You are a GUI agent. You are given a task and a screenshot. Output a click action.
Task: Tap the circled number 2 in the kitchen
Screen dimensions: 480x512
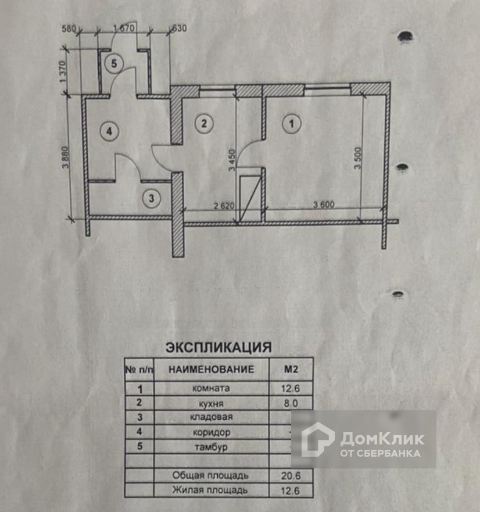[203, 123]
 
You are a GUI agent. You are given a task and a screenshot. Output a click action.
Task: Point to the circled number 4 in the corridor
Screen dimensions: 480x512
[108, 131]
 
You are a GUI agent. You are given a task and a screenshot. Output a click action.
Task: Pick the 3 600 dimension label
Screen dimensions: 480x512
[326, 205]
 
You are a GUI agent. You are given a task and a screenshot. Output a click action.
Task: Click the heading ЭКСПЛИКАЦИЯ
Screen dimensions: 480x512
[218, 348]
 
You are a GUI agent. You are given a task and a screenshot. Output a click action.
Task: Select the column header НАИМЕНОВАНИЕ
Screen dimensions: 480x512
[212, 369]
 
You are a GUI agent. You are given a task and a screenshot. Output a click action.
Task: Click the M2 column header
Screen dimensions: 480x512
[291, 369]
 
